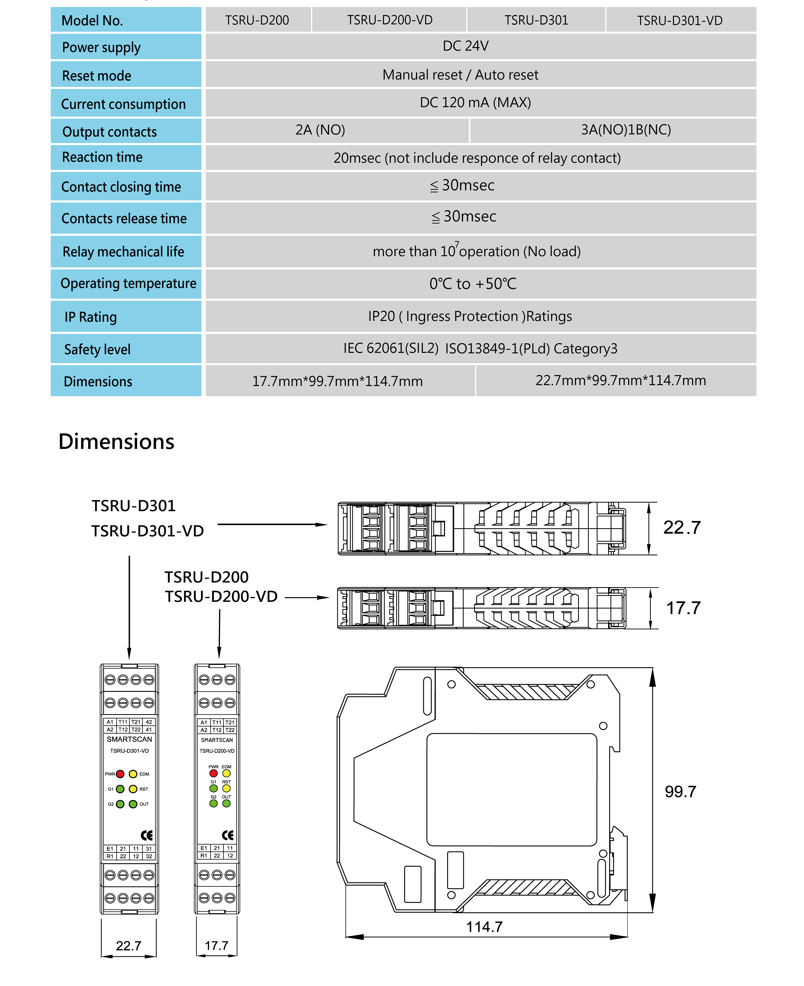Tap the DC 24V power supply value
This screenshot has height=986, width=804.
coord(465,46)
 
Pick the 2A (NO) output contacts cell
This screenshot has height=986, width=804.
coord(320,130)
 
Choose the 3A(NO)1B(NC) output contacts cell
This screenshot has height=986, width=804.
coord(626,130)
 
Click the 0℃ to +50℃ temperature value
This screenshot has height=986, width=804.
coord(472,283)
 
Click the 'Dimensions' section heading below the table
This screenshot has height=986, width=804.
coord(116,441)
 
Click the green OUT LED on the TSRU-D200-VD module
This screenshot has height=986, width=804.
coord(227,803)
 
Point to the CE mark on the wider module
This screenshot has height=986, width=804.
coord(146,835)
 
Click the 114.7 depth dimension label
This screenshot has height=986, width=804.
coord(484,927)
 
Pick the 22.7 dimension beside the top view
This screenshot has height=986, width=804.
coord(682,527)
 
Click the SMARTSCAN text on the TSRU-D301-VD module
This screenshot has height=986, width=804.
coord(129,739)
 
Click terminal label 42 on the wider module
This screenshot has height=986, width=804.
coord(149,722)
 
